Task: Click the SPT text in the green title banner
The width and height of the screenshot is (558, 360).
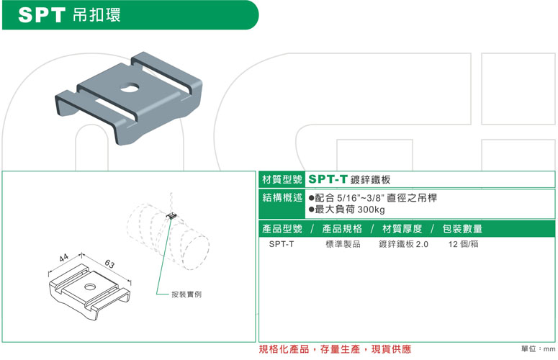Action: [x=42, y=15]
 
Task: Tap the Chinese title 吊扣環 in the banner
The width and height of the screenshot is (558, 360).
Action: [x=96, y=15]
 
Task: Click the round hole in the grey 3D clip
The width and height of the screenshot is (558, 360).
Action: [x=129, y=87]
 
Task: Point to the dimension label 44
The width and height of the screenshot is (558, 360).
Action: [x=63, y=258]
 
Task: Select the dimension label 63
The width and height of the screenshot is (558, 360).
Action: [x=109, y=264]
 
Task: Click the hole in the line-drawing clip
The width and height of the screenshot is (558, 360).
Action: [x=90, y=287]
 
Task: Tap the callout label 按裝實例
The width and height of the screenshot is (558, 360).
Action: [x=186, y=294]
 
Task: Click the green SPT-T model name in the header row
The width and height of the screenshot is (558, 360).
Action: [x=328, y=179]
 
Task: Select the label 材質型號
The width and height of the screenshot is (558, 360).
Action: [x=282, y=179]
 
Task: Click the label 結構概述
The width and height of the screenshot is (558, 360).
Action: [x=282, y=197]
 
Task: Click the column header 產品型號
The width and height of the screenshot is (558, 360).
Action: [x=282, y=229]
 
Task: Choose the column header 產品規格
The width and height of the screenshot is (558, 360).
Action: [x=342, y=229]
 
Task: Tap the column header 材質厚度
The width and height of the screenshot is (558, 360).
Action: [x=402, y=229]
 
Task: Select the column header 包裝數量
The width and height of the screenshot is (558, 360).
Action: [x=462, y=229]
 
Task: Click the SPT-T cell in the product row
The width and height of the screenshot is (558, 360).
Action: [x=282, y=244]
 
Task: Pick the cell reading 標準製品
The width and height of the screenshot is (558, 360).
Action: [x=343, y=244]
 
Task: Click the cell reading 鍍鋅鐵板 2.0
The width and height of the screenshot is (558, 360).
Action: [x=403, y=244]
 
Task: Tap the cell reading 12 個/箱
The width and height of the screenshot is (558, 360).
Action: [x=464, y=244]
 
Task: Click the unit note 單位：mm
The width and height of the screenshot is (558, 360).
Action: [x=538, y=349]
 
